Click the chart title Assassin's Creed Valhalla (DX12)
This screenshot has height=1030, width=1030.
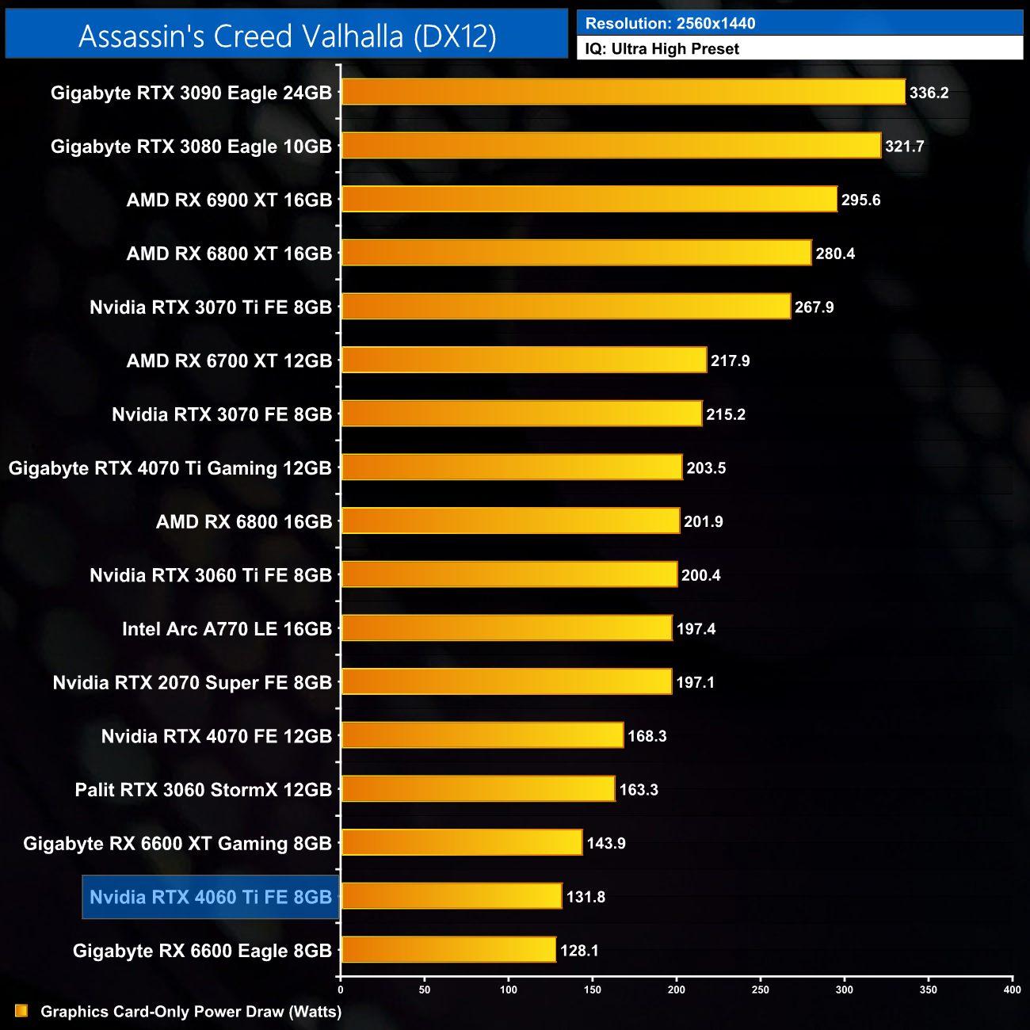tap(287, 36)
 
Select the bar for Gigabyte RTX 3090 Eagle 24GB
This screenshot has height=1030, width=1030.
tap(623, 92)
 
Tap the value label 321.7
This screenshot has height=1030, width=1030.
tap(905, 147)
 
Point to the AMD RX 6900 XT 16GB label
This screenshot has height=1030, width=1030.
tap(229, 200)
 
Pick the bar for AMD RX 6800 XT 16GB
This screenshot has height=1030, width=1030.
tap(576, 254)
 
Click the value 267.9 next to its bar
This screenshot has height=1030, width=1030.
tap(814, 307)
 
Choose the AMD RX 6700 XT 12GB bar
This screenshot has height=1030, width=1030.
tap(524, 360)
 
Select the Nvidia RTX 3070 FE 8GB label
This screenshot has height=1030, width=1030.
tap(222, 414)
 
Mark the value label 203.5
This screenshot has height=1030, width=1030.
tap(706, 468)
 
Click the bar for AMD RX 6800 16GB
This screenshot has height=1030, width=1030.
tap(510, 521)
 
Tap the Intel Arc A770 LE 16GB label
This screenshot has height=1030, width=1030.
tap(227, 629)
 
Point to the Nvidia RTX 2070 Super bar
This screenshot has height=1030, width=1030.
tap(506, 682)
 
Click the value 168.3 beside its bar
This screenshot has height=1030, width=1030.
tap(647, 736)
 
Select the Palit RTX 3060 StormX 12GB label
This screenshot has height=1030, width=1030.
tap(204, 790)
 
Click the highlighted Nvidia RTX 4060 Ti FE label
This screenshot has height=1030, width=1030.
tap(211, 897)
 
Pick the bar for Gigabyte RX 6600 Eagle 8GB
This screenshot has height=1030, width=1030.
tap(448, 950)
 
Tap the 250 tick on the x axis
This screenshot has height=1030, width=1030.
tap(761, 990)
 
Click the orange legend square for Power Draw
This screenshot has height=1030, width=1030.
tap(21, 1011)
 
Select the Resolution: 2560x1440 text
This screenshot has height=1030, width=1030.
tap(670, 24)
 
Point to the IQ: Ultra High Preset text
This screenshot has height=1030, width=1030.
tap(662, 49)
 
